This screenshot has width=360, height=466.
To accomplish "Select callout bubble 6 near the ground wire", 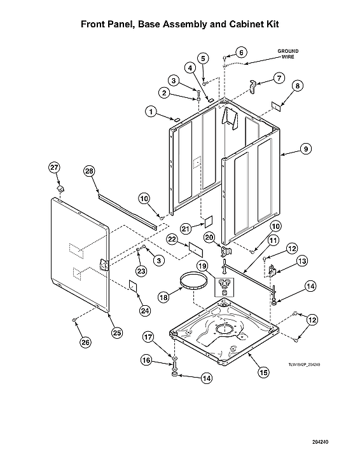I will pos(241,51).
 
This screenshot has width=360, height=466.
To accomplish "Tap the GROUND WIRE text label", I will pos(287,53).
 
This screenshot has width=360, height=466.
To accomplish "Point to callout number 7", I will pos(278,78).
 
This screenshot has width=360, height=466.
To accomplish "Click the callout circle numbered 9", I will pos(306,148).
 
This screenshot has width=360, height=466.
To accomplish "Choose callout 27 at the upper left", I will pos(54,167).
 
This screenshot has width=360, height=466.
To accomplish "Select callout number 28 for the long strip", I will pos(89,170).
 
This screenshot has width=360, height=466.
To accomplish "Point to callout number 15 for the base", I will pos(263,373).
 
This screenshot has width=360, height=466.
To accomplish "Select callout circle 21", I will pos(186,228).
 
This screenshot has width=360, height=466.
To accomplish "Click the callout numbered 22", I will pos(172,238).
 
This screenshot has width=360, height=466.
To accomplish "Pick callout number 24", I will pos(145,310).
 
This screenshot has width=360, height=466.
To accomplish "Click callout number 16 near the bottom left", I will pos(146,360).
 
